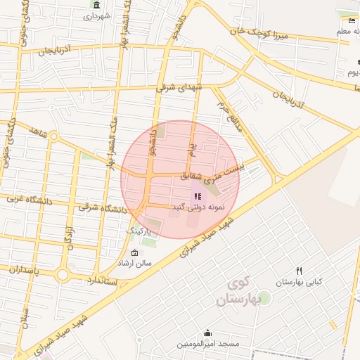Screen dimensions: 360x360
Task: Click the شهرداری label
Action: tap(96, 15)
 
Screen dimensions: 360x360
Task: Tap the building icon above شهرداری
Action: tap(96, 5)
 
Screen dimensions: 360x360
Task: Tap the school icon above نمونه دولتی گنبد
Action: tap(196, 197)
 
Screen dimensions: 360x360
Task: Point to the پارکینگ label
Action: tap(138, 231)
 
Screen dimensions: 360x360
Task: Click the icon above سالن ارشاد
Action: tap(135, 252)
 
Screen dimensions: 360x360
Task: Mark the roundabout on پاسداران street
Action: tap(63, 274)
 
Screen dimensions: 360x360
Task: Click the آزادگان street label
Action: tap(69, 236)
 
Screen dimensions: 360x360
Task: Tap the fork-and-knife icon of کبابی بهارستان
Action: tap(299, 271)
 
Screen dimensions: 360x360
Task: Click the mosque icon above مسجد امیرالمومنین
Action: tap(207, 333)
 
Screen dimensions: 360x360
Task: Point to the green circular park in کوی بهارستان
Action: tap(264, 298)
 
